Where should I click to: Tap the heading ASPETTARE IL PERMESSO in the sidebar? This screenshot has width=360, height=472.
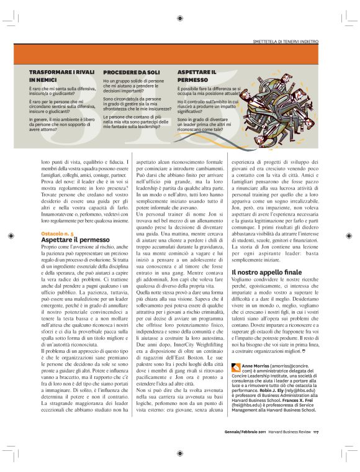pos(197,76)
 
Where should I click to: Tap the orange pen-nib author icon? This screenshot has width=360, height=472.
pos(234,365)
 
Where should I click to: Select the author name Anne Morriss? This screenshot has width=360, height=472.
pos(253,366)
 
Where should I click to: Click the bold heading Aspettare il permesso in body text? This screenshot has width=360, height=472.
pos(66,238)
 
